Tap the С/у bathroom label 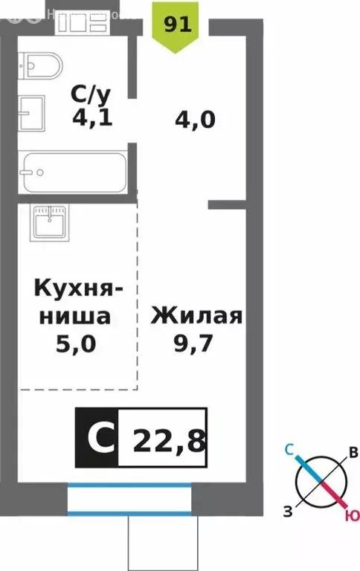click(x=91, y=94)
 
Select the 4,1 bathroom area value click(x=92, y=117)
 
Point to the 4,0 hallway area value click(x=196, y=118)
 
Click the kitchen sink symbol click(x=50, y=221)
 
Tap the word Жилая click(x=197, y=317)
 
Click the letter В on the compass click(x=354, y=453)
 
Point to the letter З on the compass click(x=286, y=509)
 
